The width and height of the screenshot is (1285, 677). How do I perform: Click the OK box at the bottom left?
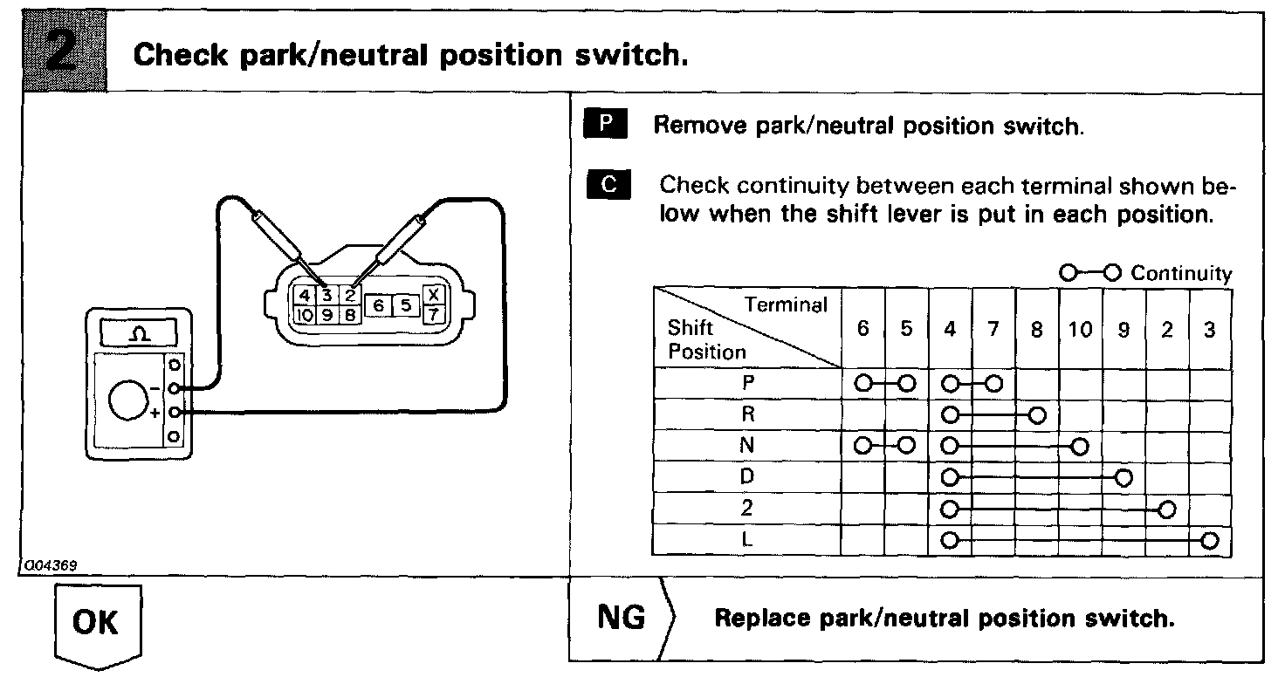click(x=97, y=622)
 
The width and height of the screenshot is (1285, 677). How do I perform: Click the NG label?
click(x=621, y=618)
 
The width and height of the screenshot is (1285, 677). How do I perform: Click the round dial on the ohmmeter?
click(x=129, y=401)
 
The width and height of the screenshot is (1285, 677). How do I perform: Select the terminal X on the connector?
click(x=432, y=294)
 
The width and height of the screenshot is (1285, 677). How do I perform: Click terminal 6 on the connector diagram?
click(x=378, y=305)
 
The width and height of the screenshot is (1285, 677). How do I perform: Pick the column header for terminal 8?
click(x=1037, y=331)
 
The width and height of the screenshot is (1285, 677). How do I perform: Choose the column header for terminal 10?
click(x=1080, y=331)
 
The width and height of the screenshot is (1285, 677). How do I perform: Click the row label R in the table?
click(x=746, y=414)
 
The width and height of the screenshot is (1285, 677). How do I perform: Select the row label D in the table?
click(x=746, y=477)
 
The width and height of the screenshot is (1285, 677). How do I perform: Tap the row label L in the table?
click(x=746, y=539)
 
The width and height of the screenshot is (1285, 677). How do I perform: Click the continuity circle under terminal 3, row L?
click(x=1209, y=540)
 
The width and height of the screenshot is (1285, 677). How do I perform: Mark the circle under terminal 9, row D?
click(x=1124, y=477)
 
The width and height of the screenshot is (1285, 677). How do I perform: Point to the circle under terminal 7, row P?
click(x=993, y=383)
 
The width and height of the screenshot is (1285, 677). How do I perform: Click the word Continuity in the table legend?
click(x=1182, y=274)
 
